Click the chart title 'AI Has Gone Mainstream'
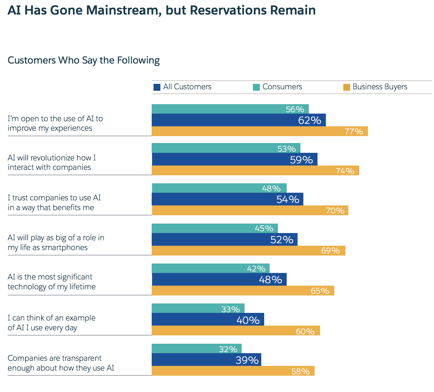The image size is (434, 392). pos(161,10)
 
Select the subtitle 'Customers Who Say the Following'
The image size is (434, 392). pos(83,60)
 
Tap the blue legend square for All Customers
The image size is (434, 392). pos(157,87)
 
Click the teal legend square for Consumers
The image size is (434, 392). pos(256,87)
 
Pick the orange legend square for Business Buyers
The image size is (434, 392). pos(347,87)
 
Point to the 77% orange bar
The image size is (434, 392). pos(259,131)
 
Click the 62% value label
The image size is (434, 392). pos(310,120)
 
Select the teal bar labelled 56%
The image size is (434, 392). pos(230,109)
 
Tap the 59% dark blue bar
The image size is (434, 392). pos(234,159)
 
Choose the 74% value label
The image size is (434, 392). pos(345,171)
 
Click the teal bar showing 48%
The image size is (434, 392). pos(219,188)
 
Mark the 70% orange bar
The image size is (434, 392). pos(250,211)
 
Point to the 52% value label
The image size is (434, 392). pos(282,240)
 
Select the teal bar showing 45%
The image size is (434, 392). pos(214,228)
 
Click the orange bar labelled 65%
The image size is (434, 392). pos(243,291)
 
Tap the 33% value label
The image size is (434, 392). pos(230,309)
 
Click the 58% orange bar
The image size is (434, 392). pos(233,371)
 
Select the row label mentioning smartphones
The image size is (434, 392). pos(56,242)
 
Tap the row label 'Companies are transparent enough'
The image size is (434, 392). pos(61,363)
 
